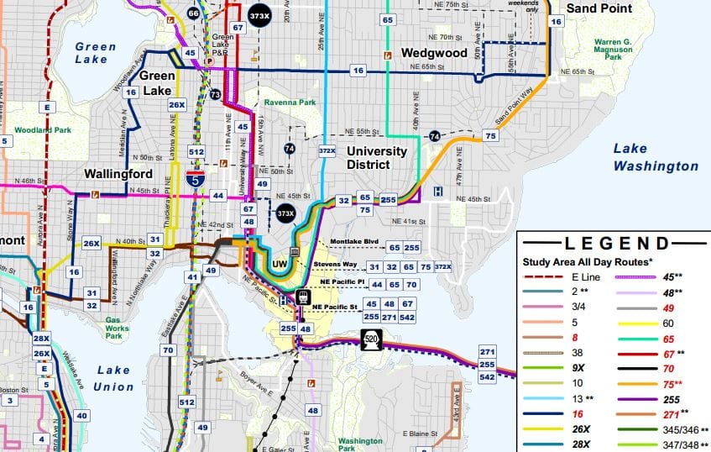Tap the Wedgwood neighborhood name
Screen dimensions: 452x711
click(x=433, y=52)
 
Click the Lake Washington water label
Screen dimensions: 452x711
click(x=655, y=157)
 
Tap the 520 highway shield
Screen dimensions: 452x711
click(x=373, y=339)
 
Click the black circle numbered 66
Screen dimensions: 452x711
click(x=194, y=13)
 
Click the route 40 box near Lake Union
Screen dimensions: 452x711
click(x=81, y=415)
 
